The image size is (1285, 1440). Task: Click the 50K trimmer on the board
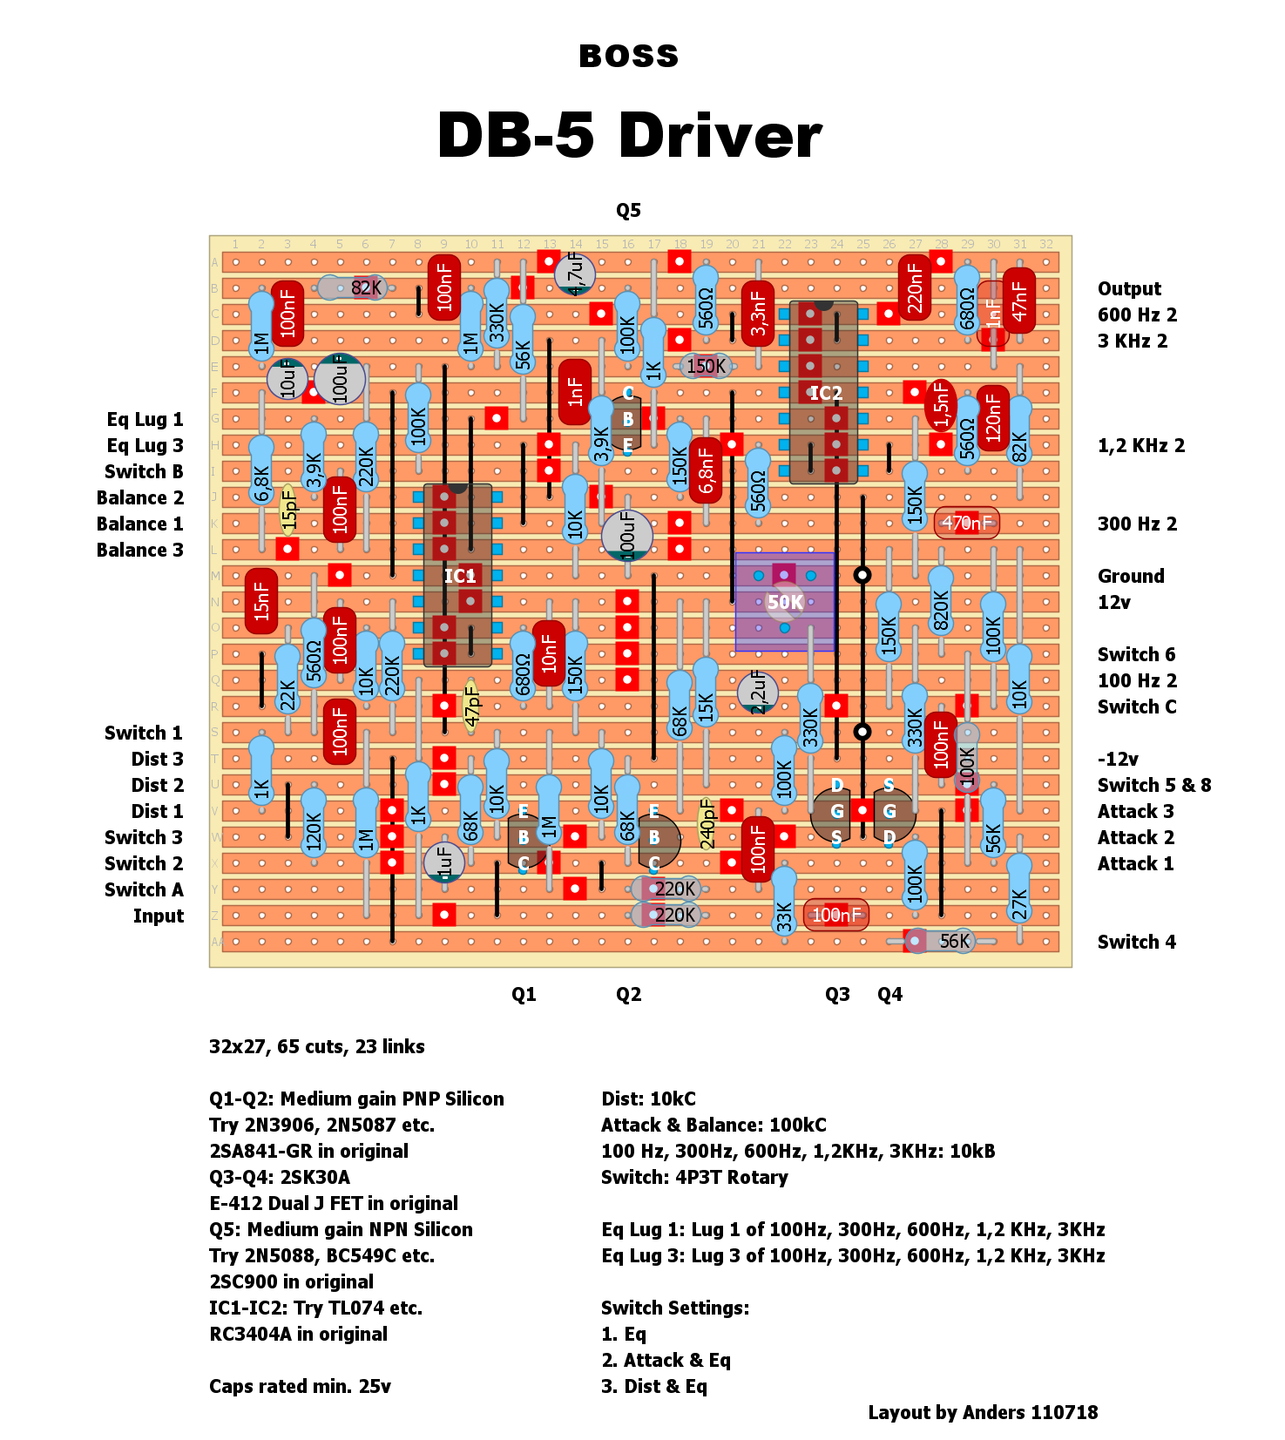tap(785, 601)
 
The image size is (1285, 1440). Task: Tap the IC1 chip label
tap(459, 576)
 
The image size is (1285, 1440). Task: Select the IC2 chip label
tap(825, 393)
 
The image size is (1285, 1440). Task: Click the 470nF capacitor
tap(966, 523)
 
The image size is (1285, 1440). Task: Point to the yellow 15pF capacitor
tap(288, 509)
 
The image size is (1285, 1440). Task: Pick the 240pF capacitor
tap(707, 823)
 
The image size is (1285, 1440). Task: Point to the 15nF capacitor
tap(261, 601)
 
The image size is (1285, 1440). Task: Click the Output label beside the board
tap(1129, 288)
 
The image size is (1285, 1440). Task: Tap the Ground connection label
tap(1131, 576)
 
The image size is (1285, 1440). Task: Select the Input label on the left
tap(159, 916)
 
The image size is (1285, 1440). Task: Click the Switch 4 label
tap(1136, 942)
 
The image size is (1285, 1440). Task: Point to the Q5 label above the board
tap(628, 210)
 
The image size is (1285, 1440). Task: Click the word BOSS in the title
tap(628, 57)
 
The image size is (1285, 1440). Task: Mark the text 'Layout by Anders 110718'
tap(983, 1412)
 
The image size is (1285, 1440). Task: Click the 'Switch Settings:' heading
tap(674, 1308)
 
